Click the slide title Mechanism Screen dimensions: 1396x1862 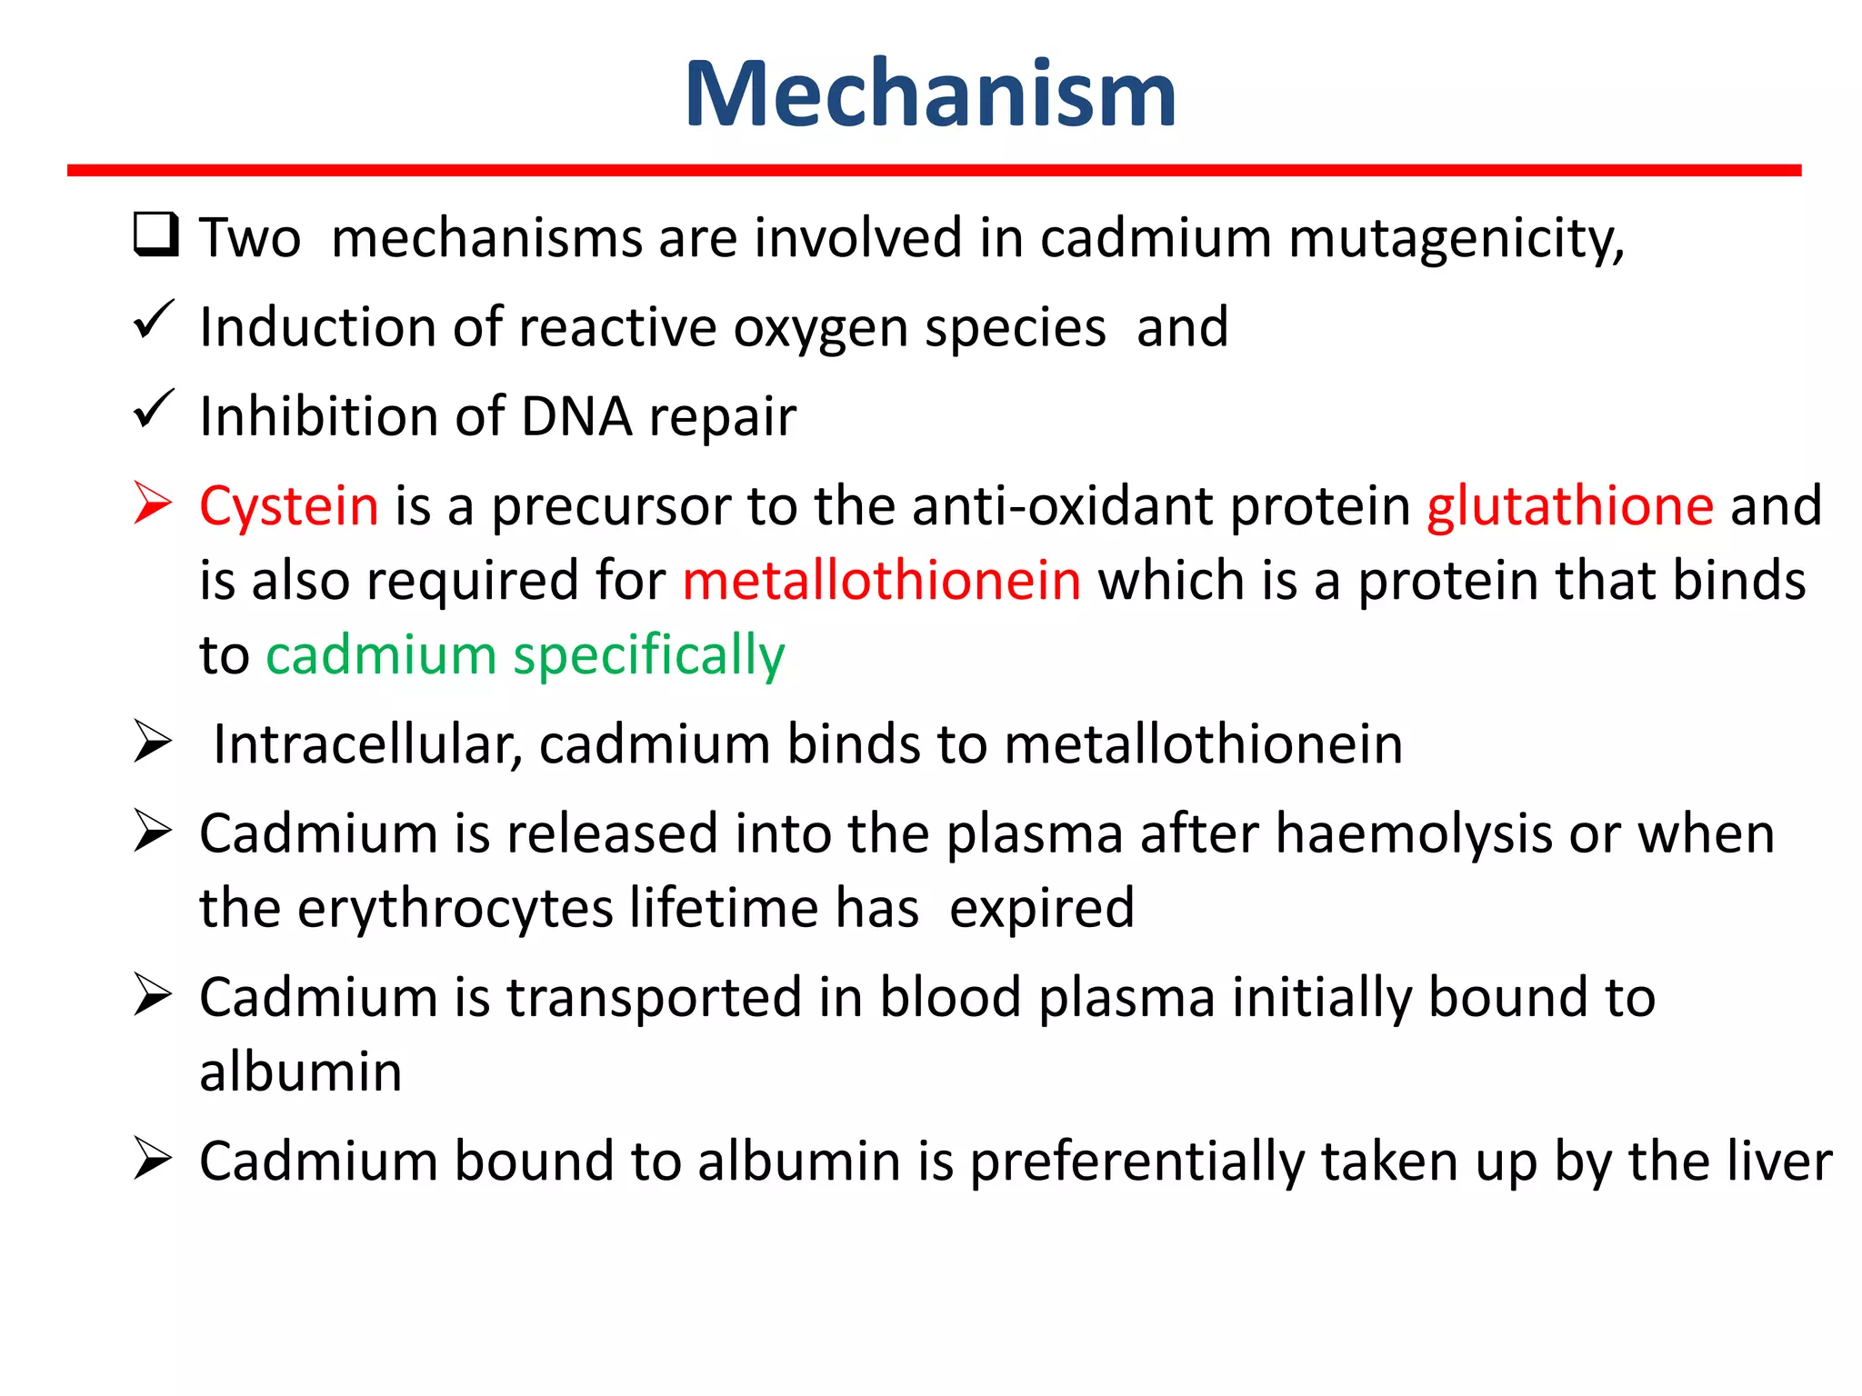[930, 94]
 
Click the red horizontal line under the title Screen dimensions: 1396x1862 [934, 170]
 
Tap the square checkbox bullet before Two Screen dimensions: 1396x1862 [155, 234]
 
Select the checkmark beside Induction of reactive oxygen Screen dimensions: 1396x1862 [154, 320]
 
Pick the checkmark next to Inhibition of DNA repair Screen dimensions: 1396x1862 [154, 409]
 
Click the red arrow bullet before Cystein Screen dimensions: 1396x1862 [153, 504]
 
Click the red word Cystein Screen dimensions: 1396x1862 [288, 506]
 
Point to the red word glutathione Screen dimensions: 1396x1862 [1569, 505]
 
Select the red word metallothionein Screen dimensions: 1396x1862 [881, 580]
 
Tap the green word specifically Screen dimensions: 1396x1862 [648, 656]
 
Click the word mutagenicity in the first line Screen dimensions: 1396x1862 [1456, 239]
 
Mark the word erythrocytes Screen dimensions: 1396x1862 [455, 909]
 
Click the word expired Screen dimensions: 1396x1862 [1042, 909]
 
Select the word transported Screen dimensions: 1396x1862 [654, 998]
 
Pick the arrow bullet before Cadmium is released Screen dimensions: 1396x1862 [153, 831]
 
